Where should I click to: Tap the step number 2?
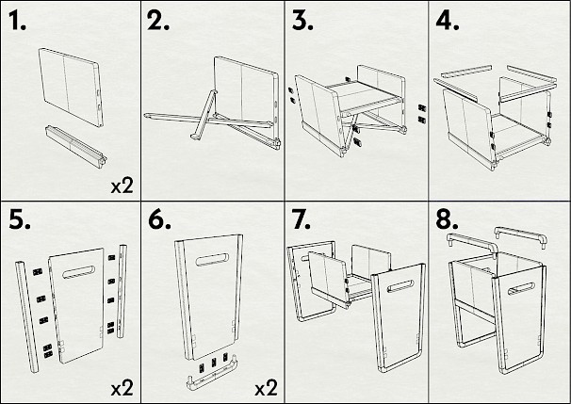(x=158, y=23)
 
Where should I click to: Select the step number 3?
(x=302, y=23)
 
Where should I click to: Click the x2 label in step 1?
(x=122, y=186)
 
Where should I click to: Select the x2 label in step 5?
(x=122, y=386)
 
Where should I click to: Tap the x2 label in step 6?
(x=266, y=386)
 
